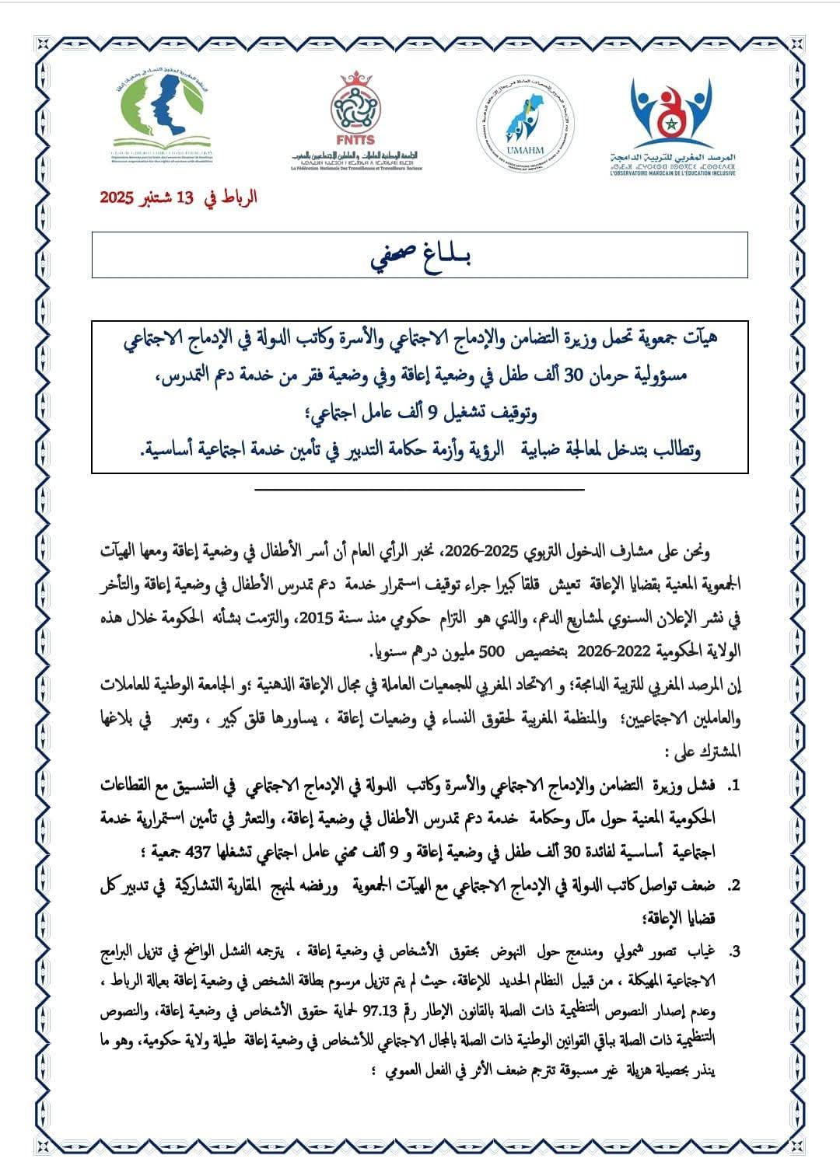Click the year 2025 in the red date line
pos(118,197)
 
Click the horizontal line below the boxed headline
pos(420,489)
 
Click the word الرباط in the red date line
pos(236,197)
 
